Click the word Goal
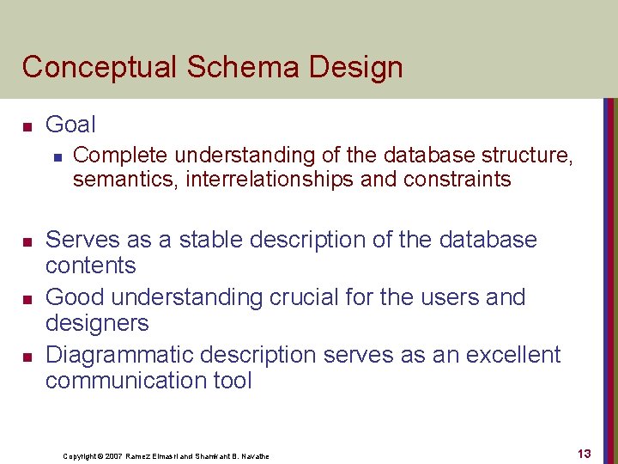pyautogui.click(x=70, y=125)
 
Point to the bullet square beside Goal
pyautogui.click(x=27, y=127)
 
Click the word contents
pyautogui.click(x=90, y=266)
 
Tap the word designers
pyautogui.click(x=97, y=323)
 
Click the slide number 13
pyautogui.click(x=584, y=454)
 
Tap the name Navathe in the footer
pyautogui.click(x=252, y=456)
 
